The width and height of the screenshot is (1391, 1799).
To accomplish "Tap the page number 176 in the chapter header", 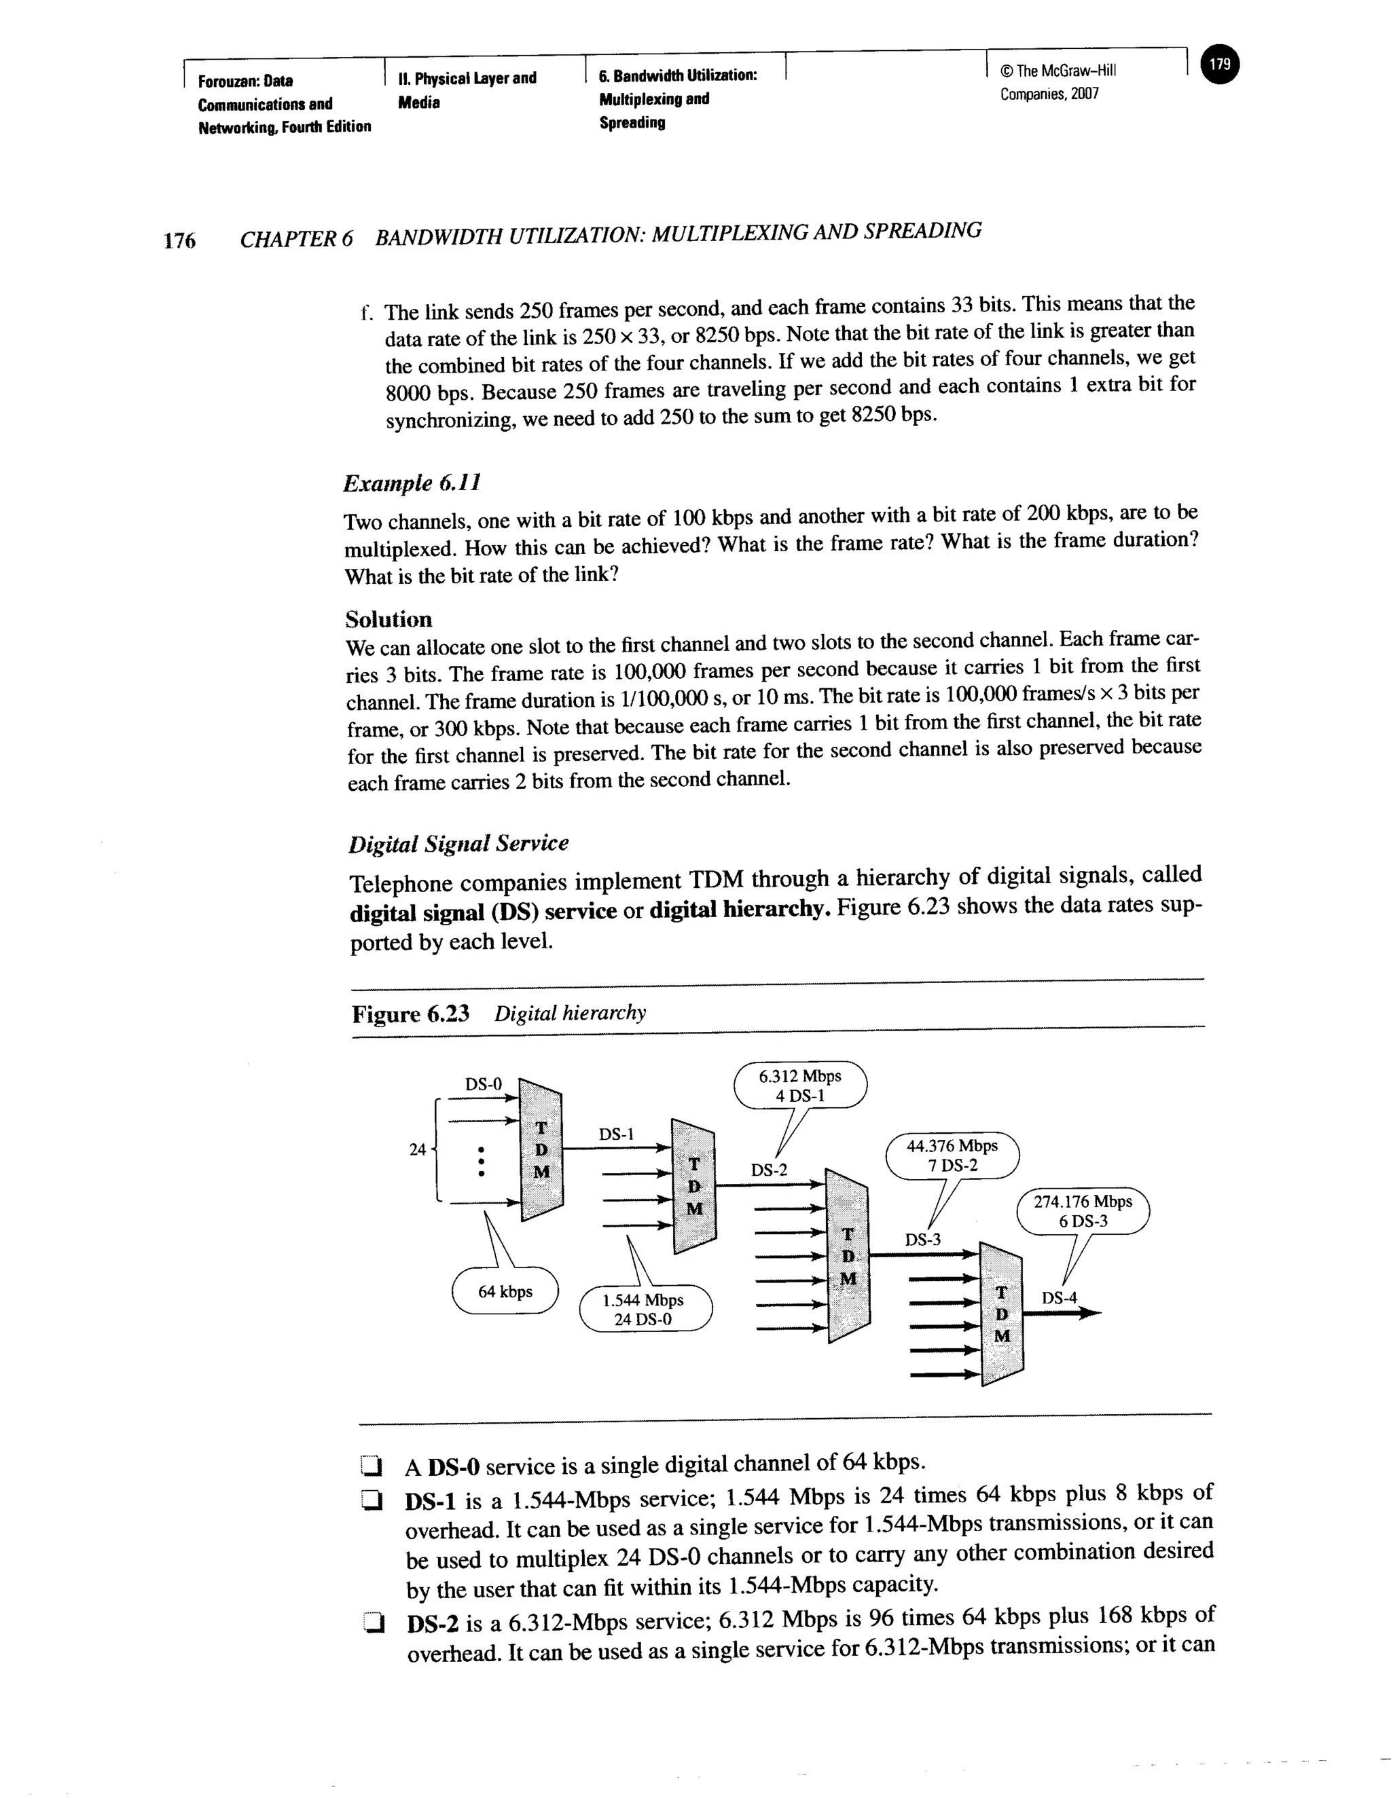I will click(179, 240).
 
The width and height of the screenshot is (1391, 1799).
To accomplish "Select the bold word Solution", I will click(388, 618).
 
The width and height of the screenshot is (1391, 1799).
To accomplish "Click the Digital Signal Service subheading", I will click(458, 843).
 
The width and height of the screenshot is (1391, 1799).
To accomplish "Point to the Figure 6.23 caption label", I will click(410, 1013).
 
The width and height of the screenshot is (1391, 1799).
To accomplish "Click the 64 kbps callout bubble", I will click(505, 1292).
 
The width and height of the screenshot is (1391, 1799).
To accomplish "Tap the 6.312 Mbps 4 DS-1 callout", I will click(799, 1086).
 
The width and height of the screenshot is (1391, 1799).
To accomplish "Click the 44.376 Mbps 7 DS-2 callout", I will click(952, 1155).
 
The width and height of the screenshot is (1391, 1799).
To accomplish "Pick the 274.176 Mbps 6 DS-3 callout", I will click(1083, 1211).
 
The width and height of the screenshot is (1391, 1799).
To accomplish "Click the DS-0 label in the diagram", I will click(483, 1084).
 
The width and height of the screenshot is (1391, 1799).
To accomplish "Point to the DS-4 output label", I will click(1059, 1298).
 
